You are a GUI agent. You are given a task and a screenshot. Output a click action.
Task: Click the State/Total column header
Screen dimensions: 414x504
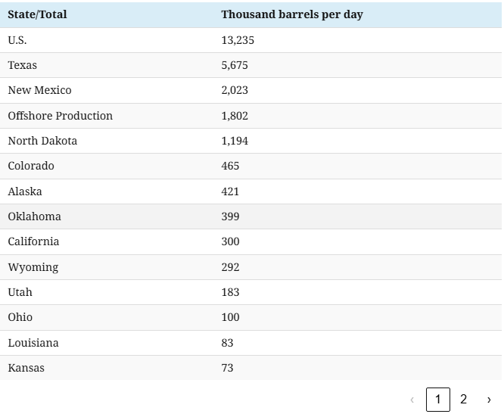[37, 14]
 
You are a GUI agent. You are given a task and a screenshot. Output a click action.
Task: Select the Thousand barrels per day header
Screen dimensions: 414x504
[291, 14]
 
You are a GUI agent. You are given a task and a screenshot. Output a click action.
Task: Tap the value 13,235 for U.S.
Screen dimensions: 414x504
[238, 40]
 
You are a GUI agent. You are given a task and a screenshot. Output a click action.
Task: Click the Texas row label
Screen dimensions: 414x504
[22, 65]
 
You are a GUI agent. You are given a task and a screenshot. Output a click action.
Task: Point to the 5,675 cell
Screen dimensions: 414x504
[235, 65]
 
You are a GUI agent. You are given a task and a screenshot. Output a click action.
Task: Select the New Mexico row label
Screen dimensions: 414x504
[39, 90]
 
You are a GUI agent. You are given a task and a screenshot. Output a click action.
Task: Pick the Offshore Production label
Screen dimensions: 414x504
[60, 116]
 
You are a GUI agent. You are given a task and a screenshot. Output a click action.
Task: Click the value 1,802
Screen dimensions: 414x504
[235, 116]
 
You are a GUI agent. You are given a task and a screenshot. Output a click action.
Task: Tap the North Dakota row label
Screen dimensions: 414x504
[42, 141]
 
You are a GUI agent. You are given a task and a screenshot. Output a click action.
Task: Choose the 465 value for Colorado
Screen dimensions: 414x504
[230, 166]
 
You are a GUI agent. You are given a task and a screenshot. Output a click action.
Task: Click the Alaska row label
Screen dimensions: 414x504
[25, 191]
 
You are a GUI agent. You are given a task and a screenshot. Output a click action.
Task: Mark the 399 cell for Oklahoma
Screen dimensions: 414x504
[230, 216]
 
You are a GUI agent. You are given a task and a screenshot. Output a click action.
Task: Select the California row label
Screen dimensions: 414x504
[33, 241]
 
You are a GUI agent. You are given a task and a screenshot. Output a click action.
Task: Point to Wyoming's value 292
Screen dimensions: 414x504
[230, 267]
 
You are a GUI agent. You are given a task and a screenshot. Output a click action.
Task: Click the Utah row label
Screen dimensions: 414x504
[20, 292]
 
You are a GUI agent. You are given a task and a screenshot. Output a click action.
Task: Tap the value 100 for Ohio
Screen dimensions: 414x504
[230, 317]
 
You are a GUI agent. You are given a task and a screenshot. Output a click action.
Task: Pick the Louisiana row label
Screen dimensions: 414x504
[33, 343]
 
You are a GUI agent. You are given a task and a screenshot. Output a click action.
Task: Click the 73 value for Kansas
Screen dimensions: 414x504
[227, 368]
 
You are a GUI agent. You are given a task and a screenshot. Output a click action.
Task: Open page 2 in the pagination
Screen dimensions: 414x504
[464, 399]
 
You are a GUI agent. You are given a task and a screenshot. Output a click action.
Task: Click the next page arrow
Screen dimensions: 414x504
[489, 399]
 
